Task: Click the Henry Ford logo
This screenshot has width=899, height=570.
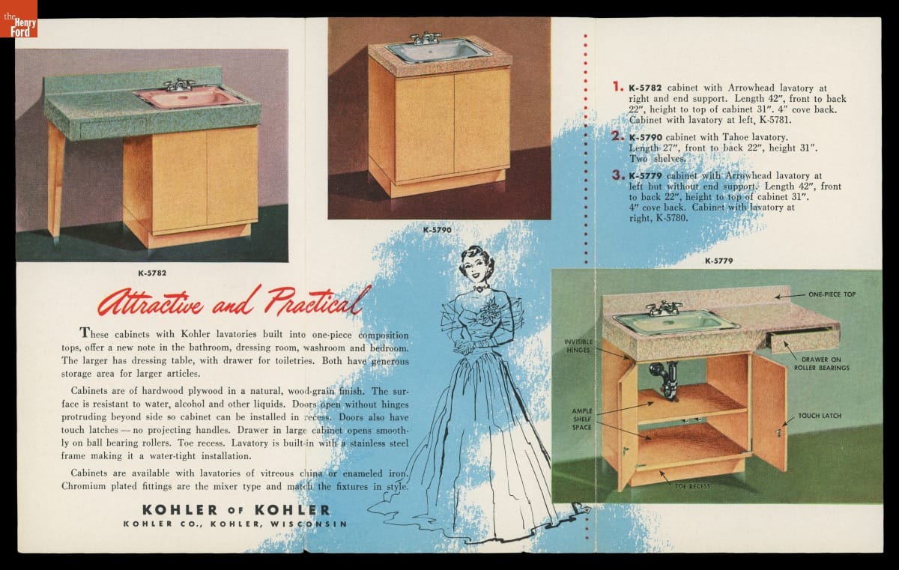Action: (x=19, y=19)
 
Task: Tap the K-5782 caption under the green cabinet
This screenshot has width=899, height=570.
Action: (x=152, y=273)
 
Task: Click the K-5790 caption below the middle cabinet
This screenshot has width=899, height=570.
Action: (x=437, y=230)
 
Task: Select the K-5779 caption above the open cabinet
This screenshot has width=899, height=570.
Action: (x=718, y=261)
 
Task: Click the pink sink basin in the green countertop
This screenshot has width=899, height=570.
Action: (x=190, y=97)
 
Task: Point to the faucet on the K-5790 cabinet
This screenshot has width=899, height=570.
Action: (x=425, y=38)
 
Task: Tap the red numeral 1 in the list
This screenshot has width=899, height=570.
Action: (x=617, y=86)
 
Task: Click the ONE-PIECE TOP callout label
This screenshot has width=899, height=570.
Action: (x=832, y=294)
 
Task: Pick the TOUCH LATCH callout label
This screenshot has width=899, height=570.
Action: (x=820, y=416)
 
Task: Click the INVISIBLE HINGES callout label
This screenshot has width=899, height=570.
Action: (x=578, y=346)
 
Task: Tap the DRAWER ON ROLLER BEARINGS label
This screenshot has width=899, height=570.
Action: (x=822, y=363)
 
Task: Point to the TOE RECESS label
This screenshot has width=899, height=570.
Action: (x=692, y=486)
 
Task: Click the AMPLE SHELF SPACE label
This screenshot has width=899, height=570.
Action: (x=582, y=419)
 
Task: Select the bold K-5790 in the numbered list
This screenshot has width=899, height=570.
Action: (x=645, y=137)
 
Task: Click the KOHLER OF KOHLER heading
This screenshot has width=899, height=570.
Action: (x=237, y=510)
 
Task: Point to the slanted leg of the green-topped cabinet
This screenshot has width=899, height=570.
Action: (x=57, y=181)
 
